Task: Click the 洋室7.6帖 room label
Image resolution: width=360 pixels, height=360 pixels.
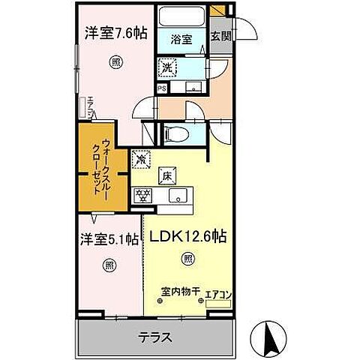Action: point(115,33)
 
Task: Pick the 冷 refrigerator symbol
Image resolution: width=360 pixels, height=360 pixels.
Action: point(141,160)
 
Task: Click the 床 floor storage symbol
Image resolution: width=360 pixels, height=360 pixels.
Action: point(165,178)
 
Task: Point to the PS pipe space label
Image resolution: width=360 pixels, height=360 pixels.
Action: point(161,87)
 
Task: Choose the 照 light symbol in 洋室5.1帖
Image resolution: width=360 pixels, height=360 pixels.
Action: point(109,264)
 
